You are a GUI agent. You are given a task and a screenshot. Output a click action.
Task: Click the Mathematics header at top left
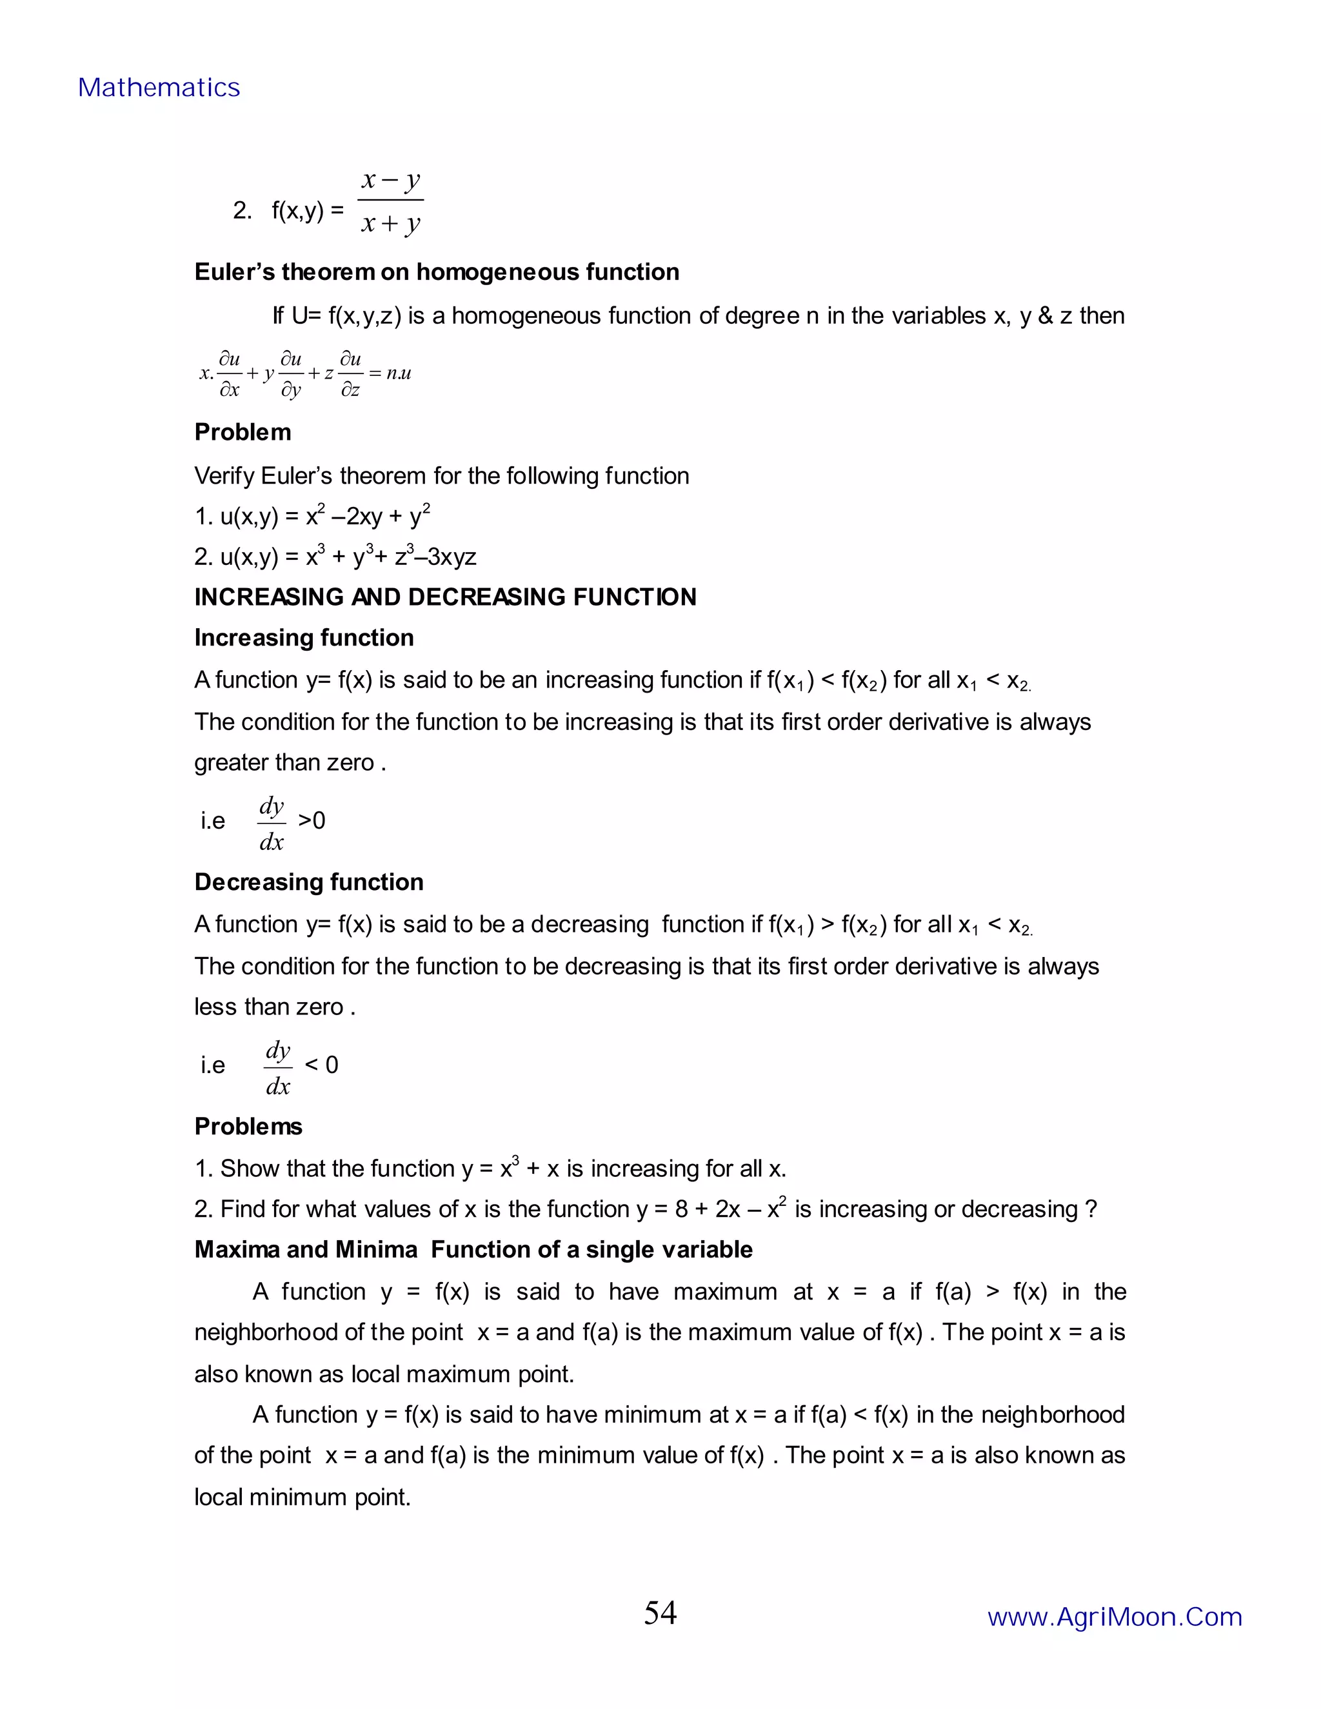[159, 88]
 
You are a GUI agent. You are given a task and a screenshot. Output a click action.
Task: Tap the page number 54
[660, 1613]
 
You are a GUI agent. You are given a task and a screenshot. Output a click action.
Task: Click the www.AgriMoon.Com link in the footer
[1115, 1617]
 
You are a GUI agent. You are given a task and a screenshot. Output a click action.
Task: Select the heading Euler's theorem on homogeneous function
[436, 272]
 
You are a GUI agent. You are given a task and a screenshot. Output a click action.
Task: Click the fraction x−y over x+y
[390, 202]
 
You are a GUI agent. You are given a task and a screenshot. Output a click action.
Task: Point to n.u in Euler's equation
[399, 373]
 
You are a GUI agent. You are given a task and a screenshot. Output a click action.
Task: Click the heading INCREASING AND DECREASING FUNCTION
[444, 597]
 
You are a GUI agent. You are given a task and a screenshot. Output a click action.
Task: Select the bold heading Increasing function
[304, 638]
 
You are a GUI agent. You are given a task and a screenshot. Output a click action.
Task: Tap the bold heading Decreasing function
[308, 882]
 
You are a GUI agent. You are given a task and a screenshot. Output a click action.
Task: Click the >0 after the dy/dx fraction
[312, 820]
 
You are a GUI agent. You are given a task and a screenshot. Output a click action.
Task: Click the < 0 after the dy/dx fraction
[321, 1064]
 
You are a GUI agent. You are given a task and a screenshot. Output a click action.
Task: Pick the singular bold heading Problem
[242, 432]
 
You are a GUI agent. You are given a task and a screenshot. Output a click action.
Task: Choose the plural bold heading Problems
[248, 1126]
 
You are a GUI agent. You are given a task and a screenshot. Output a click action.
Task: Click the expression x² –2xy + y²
[367, 517]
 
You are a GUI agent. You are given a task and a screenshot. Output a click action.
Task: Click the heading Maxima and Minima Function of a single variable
[473, 1250]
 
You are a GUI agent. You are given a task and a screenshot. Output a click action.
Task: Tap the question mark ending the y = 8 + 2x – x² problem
[1091, 1209]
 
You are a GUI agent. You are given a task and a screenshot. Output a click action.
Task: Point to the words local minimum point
[301, 1497]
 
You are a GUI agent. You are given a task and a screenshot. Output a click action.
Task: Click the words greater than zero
[283, 762]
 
